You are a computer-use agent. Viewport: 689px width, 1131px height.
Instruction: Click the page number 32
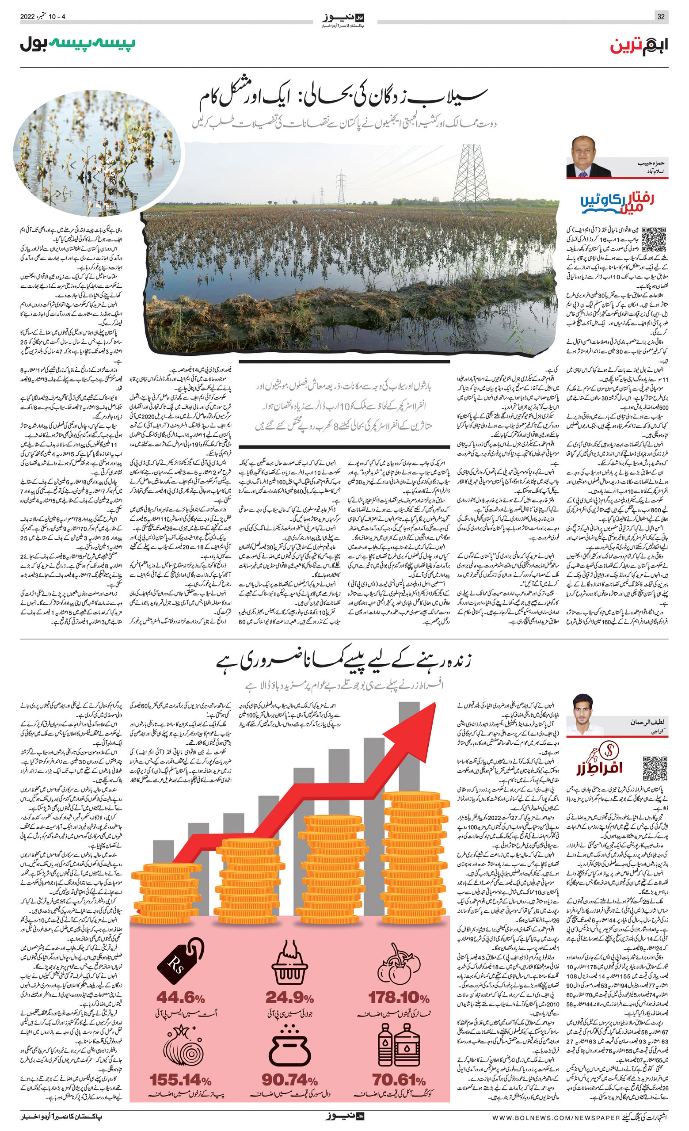pos(661,16)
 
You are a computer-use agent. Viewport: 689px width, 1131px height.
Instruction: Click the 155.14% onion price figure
pos(180,1080)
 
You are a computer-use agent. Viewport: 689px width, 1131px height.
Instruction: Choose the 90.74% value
pos(289,1080)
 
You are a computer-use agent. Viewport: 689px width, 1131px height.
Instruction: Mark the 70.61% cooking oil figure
pos(399,1080)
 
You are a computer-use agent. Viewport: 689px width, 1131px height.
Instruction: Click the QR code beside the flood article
pos(653,239)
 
